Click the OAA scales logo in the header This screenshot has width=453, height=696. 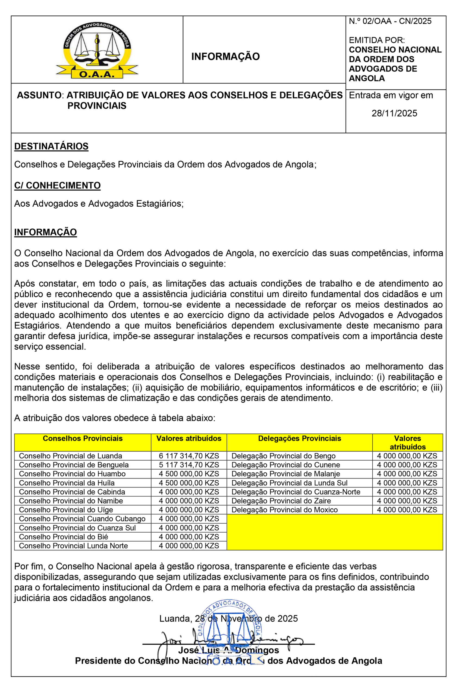97,50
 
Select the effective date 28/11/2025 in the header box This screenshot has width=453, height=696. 394,113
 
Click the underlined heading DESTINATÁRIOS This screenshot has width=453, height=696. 51,146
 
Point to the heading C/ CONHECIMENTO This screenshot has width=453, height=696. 57,185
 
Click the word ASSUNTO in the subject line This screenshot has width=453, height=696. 39,95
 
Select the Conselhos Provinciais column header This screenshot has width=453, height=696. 83,438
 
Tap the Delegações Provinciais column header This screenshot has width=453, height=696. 299,438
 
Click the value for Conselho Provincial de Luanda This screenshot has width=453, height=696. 189,456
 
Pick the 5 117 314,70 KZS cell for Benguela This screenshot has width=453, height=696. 189,465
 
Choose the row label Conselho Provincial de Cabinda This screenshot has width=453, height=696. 72,492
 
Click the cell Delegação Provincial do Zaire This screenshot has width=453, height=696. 281,501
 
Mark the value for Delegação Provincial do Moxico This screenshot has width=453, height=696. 407,510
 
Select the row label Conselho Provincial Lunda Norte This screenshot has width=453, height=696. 73,546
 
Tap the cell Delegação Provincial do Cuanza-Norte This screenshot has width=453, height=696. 295,492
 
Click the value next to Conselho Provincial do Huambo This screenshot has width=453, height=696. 189,474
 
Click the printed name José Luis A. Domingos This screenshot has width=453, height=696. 228,650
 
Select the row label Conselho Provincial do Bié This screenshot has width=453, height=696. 63,537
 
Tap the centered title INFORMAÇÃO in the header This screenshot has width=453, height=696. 225,57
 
